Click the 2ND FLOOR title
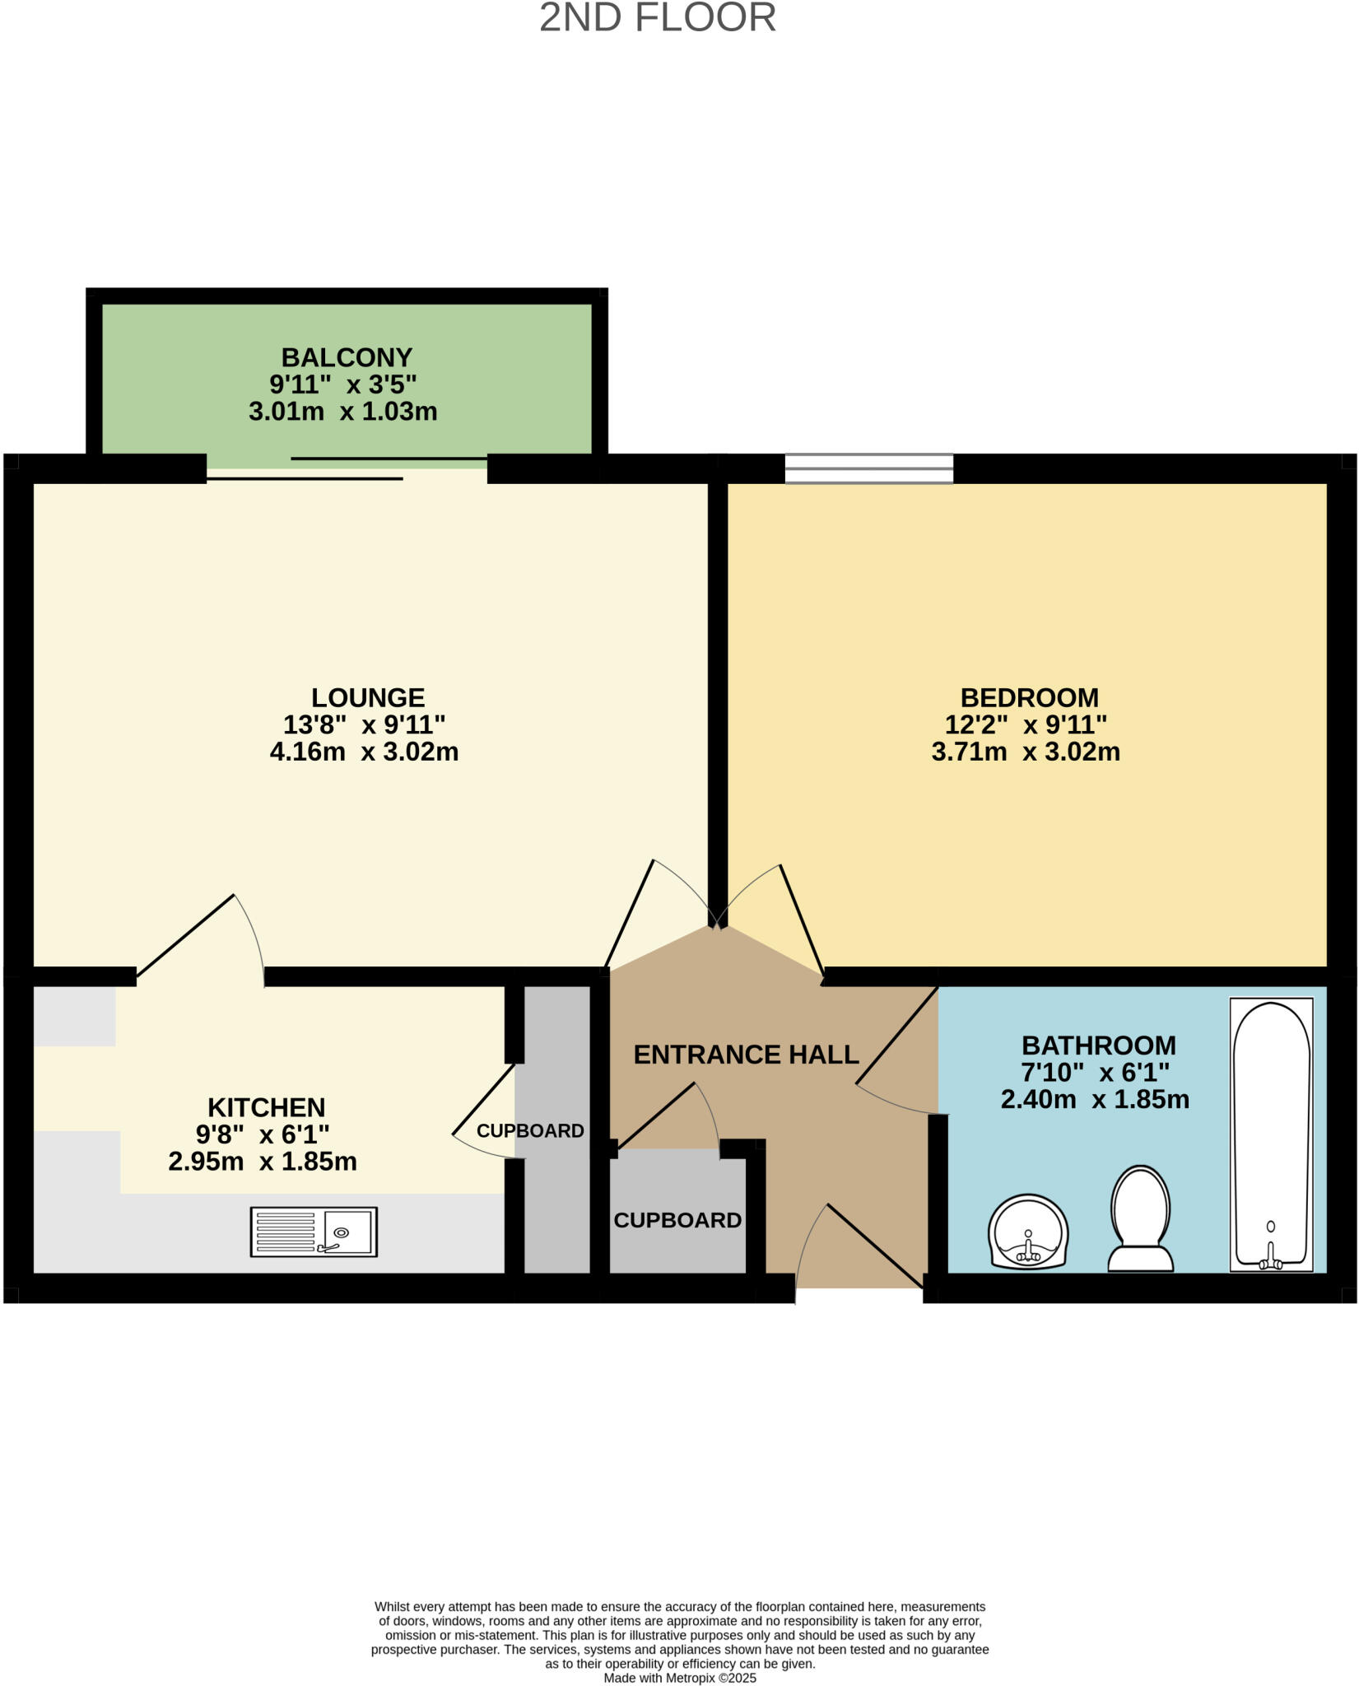click(657, 18)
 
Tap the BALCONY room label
click(347, 357)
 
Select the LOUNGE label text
click(368, 697)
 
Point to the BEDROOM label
click(1029, 697)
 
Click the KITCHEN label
click(266, 1106)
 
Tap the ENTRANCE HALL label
click(746, 1055)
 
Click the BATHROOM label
click(1098, 1046)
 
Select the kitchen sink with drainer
click(314, 1232)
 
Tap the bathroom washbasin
click(1028, 1232)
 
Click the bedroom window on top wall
click(868, 468)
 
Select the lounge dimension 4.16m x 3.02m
click(364, 752)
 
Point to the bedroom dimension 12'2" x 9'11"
click(1026, 724)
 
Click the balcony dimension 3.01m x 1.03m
click(342, 412)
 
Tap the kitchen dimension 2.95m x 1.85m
click(263, 1162)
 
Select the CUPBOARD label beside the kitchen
click(530, 1131)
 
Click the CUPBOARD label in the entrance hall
click(677, 1220)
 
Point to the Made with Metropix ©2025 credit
click(679, 1678)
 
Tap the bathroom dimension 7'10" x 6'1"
click(1095, 1073)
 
